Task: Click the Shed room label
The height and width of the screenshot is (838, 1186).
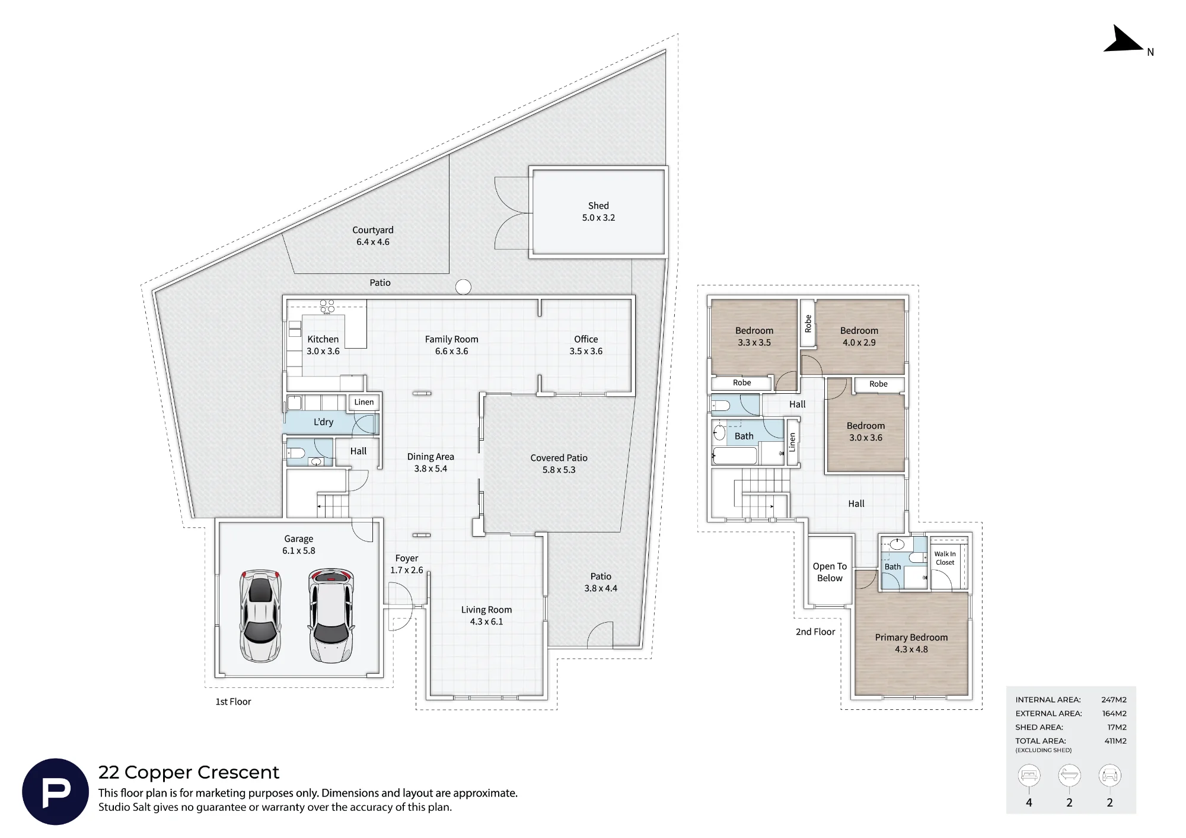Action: [x=598, y=212]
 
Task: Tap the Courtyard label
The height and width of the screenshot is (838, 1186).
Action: [x=372, y=235]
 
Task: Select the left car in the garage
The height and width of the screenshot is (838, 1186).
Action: [x=260, y=616]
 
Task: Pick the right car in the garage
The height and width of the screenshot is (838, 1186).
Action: [x=331, y=616]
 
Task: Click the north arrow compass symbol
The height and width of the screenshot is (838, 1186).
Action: [x=1123, y=39]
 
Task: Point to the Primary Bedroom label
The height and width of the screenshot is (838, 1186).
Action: [x=911, y=643]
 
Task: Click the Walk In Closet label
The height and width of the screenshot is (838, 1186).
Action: [x=945, y=558]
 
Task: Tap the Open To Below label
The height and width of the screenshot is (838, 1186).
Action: [x=830, y=572]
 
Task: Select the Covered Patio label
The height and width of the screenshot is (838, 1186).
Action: [x=559, y=464]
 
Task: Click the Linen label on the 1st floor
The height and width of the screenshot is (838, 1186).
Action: [x=364, y=402]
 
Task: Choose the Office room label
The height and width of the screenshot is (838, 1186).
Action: [x=586, y=345]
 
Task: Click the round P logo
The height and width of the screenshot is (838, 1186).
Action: [x=56, y=791]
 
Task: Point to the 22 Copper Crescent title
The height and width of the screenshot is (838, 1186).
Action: [x=189, y=772]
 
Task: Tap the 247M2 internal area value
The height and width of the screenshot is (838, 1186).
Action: [x=1114, y=700]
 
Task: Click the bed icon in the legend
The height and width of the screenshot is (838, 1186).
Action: [x=1029, y=775]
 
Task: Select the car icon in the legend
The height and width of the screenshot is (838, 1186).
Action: [x=1110, y=775]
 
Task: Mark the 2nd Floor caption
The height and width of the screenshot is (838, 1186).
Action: [x=815, y=632]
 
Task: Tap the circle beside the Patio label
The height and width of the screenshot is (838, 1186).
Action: [x=463, y=287]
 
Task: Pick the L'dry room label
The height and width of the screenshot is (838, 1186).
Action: [x=323, y=422]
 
